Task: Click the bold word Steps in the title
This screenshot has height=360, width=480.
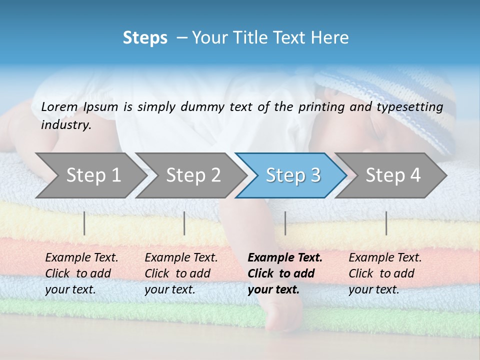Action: (145, 38)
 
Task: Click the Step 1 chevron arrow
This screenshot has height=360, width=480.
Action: (93, 175)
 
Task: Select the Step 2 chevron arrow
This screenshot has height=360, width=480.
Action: (193, 175)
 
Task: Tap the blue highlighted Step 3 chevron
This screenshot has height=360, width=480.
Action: (293, 175)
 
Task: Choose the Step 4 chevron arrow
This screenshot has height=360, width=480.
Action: (393, 175)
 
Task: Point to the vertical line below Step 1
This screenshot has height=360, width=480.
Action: (84, 223)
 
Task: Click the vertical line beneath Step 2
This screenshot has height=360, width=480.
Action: (184, 223)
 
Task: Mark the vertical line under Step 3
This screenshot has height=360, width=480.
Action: (285, 223)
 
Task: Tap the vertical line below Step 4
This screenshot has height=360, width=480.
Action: (386, 223)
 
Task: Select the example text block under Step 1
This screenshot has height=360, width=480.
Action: (81, 273)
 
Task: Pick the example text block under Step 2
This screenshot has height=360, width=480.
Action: (181, 273)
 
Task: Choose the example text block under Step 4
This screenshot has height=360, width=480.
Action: (385, 273)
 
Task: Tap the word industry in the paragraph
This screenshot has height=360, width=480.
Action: (66, 125)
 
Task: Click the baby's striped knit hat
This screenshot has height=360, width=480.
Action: (395, 100)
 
